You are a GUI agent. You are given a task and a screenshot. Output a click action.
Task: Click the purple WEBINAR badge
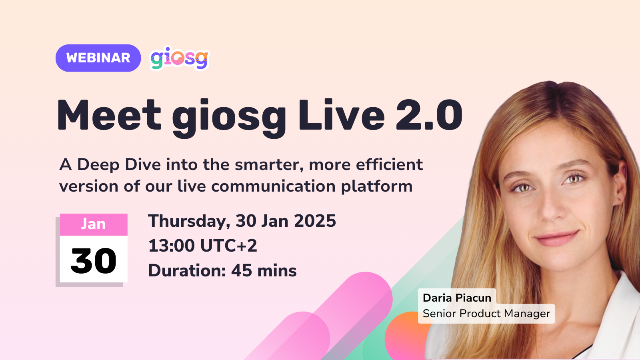pos(98,58)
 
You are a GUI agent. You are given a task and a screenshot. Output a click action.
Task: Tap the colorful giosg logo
pos(180,58)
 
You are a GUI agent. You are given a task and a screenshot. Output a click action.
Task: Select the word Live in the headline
pos(341,115)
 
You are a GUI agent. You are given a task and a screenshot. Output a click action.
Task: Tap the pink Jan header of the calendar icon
pos(94,224)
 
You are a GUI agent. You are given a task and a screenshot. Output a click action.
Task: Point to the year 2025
pos(315,221)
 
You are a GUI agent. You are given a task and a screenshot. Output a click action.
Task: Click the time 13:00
pos(172,246)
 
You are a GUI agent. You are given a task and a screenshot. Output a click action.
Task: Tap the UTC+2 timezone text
pos(228,246)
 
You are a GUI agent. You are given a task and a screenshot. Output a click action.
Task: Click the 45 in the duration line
pos(242,270)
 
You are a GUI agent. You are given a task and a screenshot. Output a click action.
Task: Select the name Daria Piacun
pos(457,298)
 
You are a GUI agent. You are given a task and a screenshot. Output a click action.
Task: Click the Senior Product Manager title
pos(486,314)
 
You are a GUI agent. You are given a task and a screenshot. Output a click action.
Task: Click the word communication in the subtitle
pos(274,186)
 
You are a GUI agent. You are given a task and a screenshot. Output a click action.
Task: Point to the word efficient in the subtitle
pos(389,164)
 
